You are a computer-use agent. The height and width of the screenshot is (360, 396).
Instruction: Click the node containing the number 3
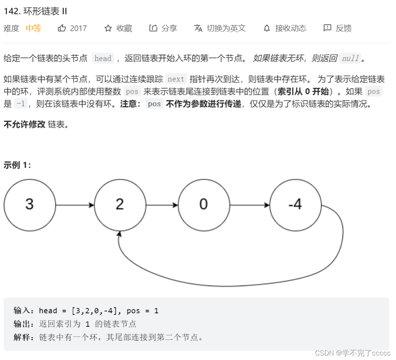click(x=29, y=205)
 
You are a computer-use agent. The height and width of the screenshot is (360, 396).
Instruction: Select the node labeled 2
click(x=120, y=205)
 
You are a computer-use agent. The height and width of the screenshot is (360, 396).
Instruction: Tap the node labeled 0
click(x=203, y=205)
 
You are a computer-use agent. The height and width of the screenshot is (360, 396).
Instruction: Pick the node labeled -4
click(x=295, y=205)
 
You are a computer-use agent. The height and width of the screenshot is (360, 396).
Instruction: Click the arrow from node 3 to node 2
click(x=75, y=205)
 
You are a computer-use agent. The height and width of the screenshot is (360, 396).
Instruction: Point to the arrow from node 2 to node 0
click(x=162, y=205)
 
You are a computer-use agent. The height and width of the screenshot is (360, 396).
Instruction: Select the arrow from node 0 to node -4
click(x=250, y=205)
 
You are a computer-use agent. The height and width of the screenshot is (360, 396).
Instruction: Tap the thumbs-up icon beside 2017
click(x=62, y=28)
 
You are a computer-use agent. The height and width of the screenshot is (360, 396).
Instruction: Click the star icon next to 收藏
click(x=108, y=28)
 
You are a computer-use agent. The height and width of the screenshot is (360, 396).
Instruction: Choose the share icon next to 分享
click(x=153, y=28)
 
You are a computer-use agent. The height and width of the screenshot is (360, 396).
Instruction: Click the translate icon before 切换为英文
click(x=198, y=28)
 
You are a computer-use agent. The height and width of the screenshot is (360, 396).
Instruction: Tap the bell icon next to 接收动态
click(x=267, y=28)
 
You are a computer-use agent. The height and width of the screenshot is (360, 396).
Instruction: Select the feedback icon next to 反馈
click(x=327, y=28)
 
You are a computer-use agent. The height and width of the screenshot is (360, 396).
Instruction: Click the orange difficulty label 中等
click(x=33, y=28)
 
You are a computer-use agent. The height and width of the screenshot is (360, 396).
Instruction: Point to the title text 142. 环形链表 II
click(x=35, y=11)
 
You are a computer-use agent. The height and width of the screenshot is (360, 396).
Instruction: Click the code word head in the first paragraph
click(x=103, y=58)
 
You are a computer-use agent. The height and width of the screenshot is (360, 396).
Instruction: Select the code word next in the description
click(x=176, y=79)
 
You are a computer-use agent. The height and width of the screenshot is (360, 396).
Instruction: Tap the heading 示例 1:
click(x=17, y=165)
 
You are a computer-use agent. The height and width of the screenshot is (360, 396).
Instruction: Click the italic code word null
click(x=350, y=58)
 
